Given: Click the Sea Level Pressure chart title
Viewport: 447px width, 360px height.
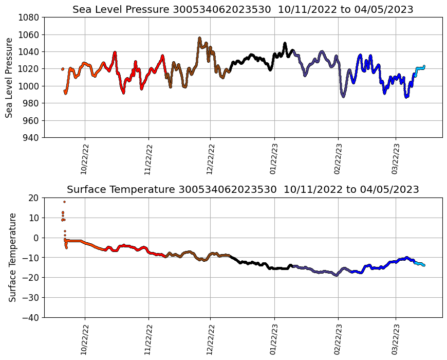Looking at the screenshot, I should (x=243, y=9).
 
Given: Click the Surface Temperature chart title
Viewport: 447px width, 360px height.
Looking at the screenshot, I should (x=243, y=189).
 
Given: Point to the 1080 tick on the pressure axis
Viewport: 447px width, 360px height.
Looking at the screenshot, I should (x=30, y=17).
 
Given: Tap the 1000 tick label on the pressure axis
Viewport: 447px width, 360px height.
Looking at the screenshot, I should (x=30, y=86).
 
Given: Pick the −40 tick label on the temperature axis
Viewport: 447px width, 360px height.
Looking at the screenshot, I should (x=32, y=317).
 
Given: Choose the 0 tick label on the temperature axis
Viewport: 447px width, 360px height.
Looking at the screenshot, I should (x=36, y=238).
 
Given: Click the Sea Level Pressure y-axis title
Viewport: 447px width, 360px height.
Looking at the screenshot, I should (x=9, y=77).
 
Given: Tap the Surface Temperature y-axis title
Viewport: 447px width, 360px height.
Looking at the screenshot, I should (x=12, y=257).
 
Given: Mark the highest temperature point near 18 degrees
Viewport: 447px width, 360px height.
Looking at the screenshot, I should (x=64, y=202).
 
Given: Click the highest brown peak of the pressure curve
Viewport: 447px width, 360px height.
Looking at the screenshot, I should (x=199, y=38).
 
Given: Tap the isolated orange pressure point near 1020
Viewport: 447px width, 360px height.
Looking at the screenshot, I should (x=63, y=69).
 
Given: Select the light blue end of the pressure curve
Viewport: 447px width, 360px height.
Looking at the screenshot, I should (x=424, y=66).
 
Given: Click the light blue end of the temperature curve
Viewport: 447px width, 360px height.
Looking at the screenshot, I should (x=424, y=265).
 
